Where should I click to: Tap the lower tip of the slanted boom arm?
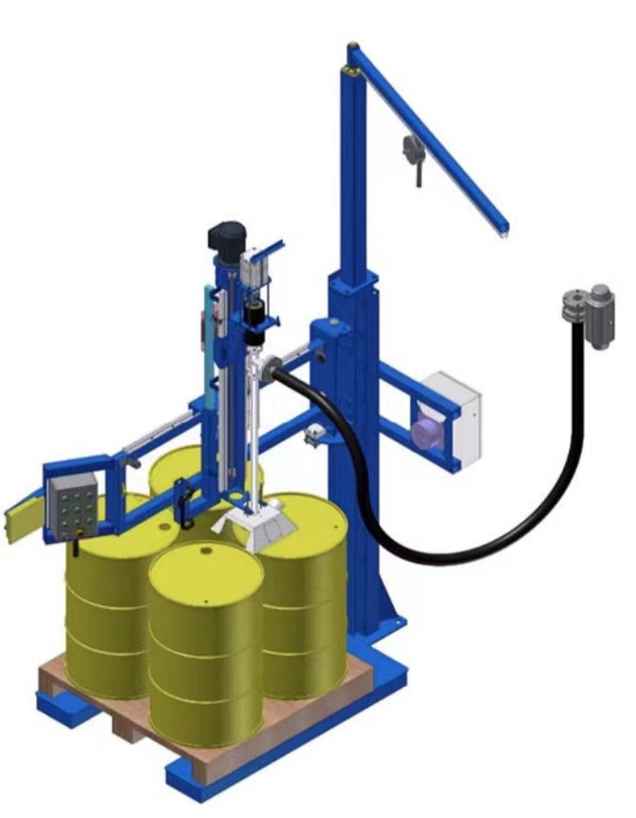tap(503, 228)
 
